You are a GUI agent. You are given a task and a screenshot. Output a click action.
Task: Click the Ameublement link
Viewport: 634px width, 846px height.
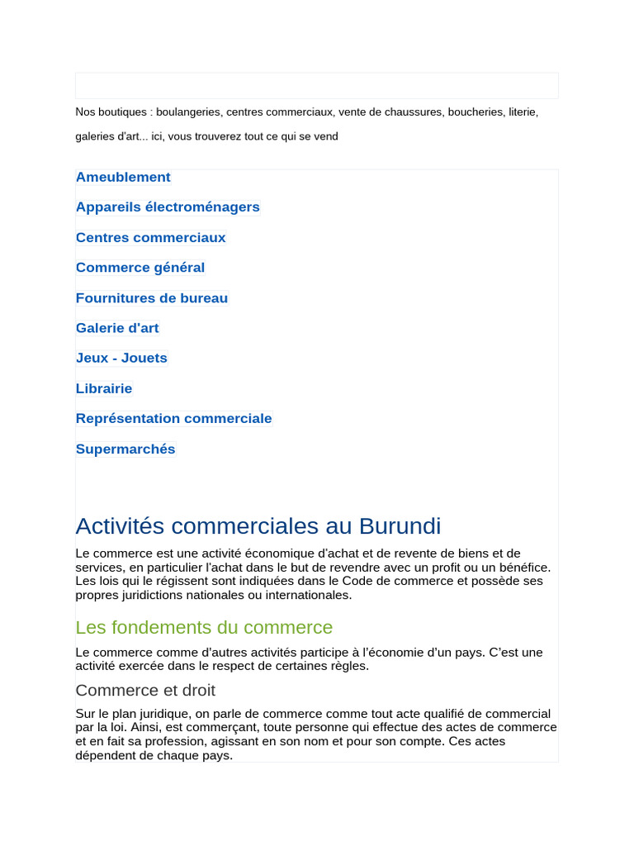[x=123, y=177]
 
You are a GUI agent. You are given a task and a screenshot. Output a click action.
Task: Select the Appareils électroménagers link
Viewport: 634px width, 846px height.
[x=168, y=207]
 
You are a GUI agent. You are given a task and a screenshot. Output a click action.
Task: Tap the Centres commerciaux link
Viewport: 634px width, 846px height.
[x=150, y=238]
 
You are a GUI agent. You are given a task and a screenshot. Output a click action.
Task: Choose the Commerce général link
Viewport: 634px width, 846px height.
[x=140, y=268]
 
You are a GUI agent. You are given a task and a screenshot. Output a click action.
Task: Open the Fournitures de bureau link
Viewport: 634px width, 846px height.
[x=152, y=298]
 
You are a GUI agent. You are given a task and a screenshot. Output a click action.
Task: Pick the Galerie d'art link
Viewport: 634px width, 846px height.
[x=117, y=328]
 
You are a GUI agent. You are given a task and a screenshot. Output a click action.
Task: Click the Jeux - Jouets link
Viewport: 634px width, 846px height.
[x=121, y=358]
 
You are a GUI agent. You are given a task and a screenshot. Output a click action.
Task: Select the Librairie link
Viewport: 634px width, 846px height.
[x=104, y=388]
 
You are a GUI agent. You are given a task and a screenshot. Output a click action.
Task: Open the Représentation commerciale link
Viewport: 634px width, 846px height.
[x=173, y=419]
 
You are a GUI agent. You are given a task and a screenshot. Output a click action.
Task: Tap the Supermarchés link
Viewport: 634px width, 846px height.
[x=125, y=449]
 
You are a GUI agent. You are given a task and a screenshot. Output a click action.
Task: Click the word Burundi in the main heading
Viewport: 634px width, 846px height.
[x=400, y=526]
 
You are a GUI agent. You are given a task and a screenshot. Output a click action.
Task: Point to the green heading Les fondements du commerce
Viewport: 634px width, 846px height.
[x=204, y=627]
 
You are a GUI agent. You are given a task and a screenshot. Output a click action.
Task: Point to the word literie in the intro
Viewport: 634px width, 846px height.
[x=522, y=112]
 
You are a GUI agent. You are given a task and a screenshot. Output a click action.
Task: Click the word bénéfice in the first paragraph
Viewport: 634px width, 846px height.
[x=522, y=568]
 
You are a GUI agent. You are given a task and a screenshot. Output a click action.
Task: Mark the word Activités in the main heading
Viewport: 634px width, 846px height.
[x=128, y=526]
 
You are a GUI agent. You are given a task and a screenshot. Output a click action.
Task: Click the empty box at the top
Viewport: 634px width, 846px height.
[x=317, y=86]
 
